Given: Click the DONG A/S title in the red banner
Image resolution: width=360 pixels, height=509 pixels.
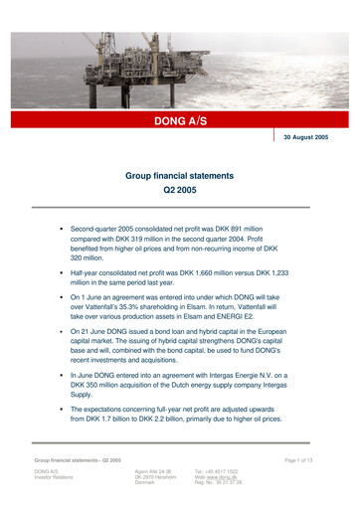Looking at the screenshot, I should (x=180, y=120).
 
